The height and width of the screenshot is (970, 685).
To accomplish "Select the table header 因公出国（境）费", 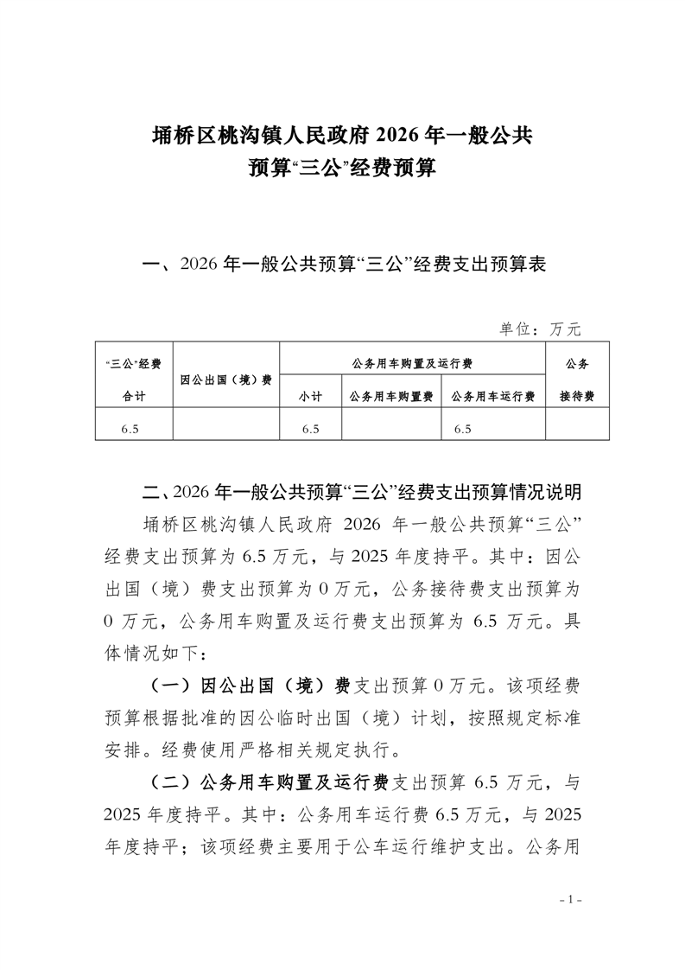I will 226,380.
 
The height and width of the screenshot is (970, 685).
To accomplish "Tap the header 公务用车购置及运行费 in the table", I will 412,363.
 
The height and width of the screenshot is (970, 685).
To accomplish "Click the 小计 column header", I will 311,396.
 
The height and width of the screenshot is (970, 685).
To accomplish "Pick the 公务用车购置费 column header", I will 391,396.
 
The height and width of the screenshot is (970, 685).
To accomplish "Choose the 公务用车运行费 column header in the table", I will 493,396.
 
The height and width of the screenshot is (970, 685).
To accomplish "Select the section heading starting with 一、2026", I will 344,265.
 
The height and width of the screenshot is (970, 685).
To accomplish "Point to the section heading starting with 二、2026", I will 361,493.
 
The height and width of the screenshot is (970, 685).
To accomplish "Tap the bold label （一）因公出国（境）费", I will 251,686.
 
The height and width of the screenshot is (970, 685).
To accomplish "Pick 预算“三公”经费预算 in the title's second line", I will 342,167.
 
